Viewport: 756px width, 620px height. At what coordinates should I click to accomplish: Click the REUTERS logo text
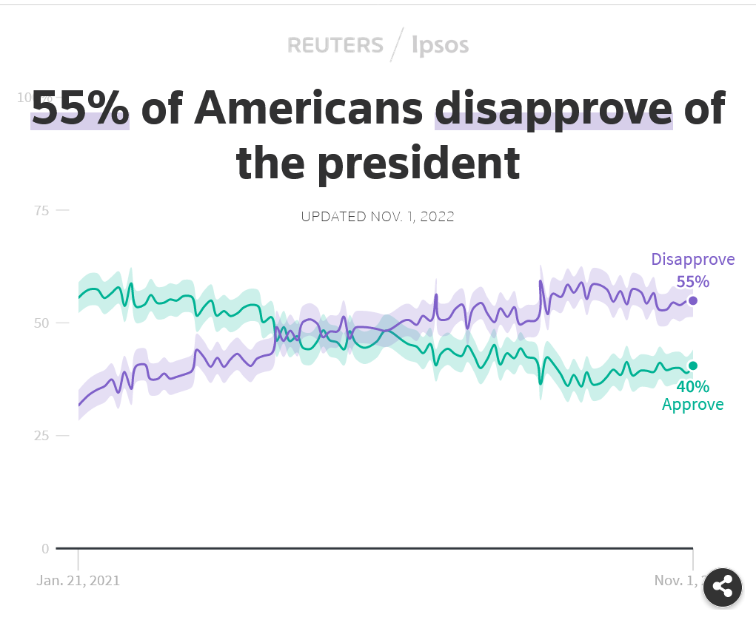point(335,45)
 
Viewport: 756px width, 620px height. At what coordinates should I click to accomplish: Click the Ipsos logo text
point(441,45)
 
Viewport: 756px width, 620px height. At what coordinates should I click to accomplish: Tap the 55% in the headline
point(80,109)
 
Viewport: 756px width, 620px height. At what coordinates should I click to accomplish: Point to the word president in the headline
point(418,164)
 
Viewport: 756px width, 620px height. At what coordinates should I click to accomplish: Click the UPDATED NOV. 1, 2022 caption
point(378,217)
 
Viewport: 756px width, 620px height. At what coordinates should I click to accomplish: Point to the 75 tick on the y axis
point(41,211)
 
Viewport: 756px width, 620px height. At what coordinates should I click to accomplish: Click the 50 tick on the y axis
point(41,323)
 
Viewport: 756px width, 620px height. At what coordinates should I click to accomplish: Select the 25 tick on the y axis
point(41,436)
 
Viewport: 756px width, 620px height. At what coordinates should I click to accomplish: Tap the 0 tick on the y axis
point(44,548)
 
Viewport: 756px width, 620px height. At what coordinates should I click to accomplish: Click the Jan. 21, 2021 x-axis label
point(78,580)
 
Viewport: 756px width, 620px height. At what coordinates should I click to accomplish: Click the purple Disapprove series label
point(692,260)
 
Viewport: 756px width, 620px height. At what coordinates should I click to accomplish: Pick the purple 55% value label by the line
point(692,281)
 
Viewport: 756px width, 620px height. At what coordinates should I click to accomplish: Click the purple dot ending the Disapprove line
point(693,300)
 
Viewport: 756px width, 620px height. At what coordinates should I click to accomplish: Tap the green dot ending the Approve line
point(693,365)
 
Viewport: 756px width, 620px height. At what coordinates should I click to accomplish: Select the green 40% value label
point(692,386)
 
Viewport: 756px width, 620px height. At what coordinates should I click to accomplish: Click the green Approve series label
point(692,405)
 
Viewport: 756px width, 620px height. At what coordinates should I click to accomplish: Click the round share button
point(722,587)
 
